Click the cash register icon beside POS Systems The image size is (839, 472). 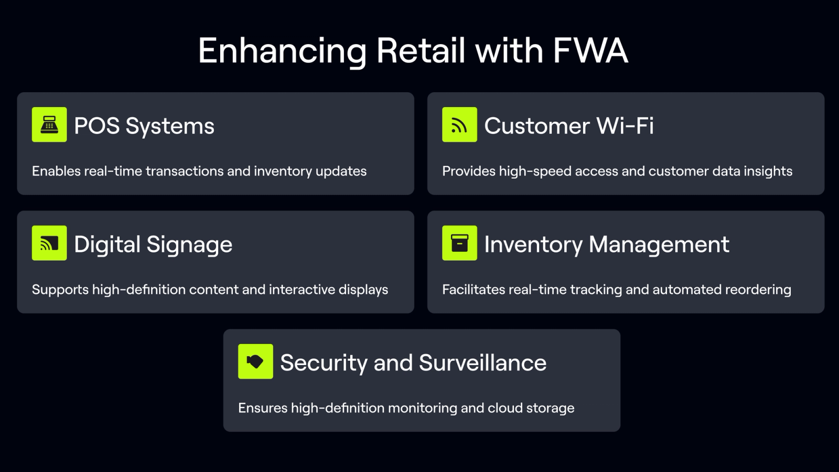pyautogui.click(x=49, y=125)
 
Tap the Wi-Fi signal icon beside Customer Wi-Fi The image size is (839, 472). pyautogui.click(x=459, y=125)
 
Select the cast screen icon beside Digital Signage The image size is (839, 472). pyautogui.click(x=49, y=243)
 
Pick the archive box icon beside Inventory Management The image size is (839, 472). pyautogui.click(x=459, y=243)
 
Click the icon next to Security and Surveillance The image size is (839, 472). pyautogui.click(x=255, y=361)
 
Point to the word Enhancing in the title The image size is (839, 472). pyautogui.click(x=282, y=51)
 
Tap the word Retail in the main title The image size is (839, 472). pyautogui.click(x=421, y=51)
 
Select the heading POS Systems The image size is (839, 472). pyautogui.click(x=144, y=126)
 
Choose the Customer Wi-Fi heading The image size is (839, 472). pyautogui.click(x=569, y=126)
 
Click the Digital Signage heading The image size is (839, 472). pyautogui.click(x=153, y=244)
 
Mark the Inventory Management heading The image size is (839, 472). pyautogui.click(x=607, y=244)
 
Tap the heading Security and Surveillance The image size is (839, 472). pyautogui.click(x=413, y=363)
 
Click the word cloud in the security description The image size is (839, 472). pyautogui.click(x=505, y=408)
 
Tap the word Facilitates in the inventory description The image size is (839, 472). pyautogui.click(x=474, y=289)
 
